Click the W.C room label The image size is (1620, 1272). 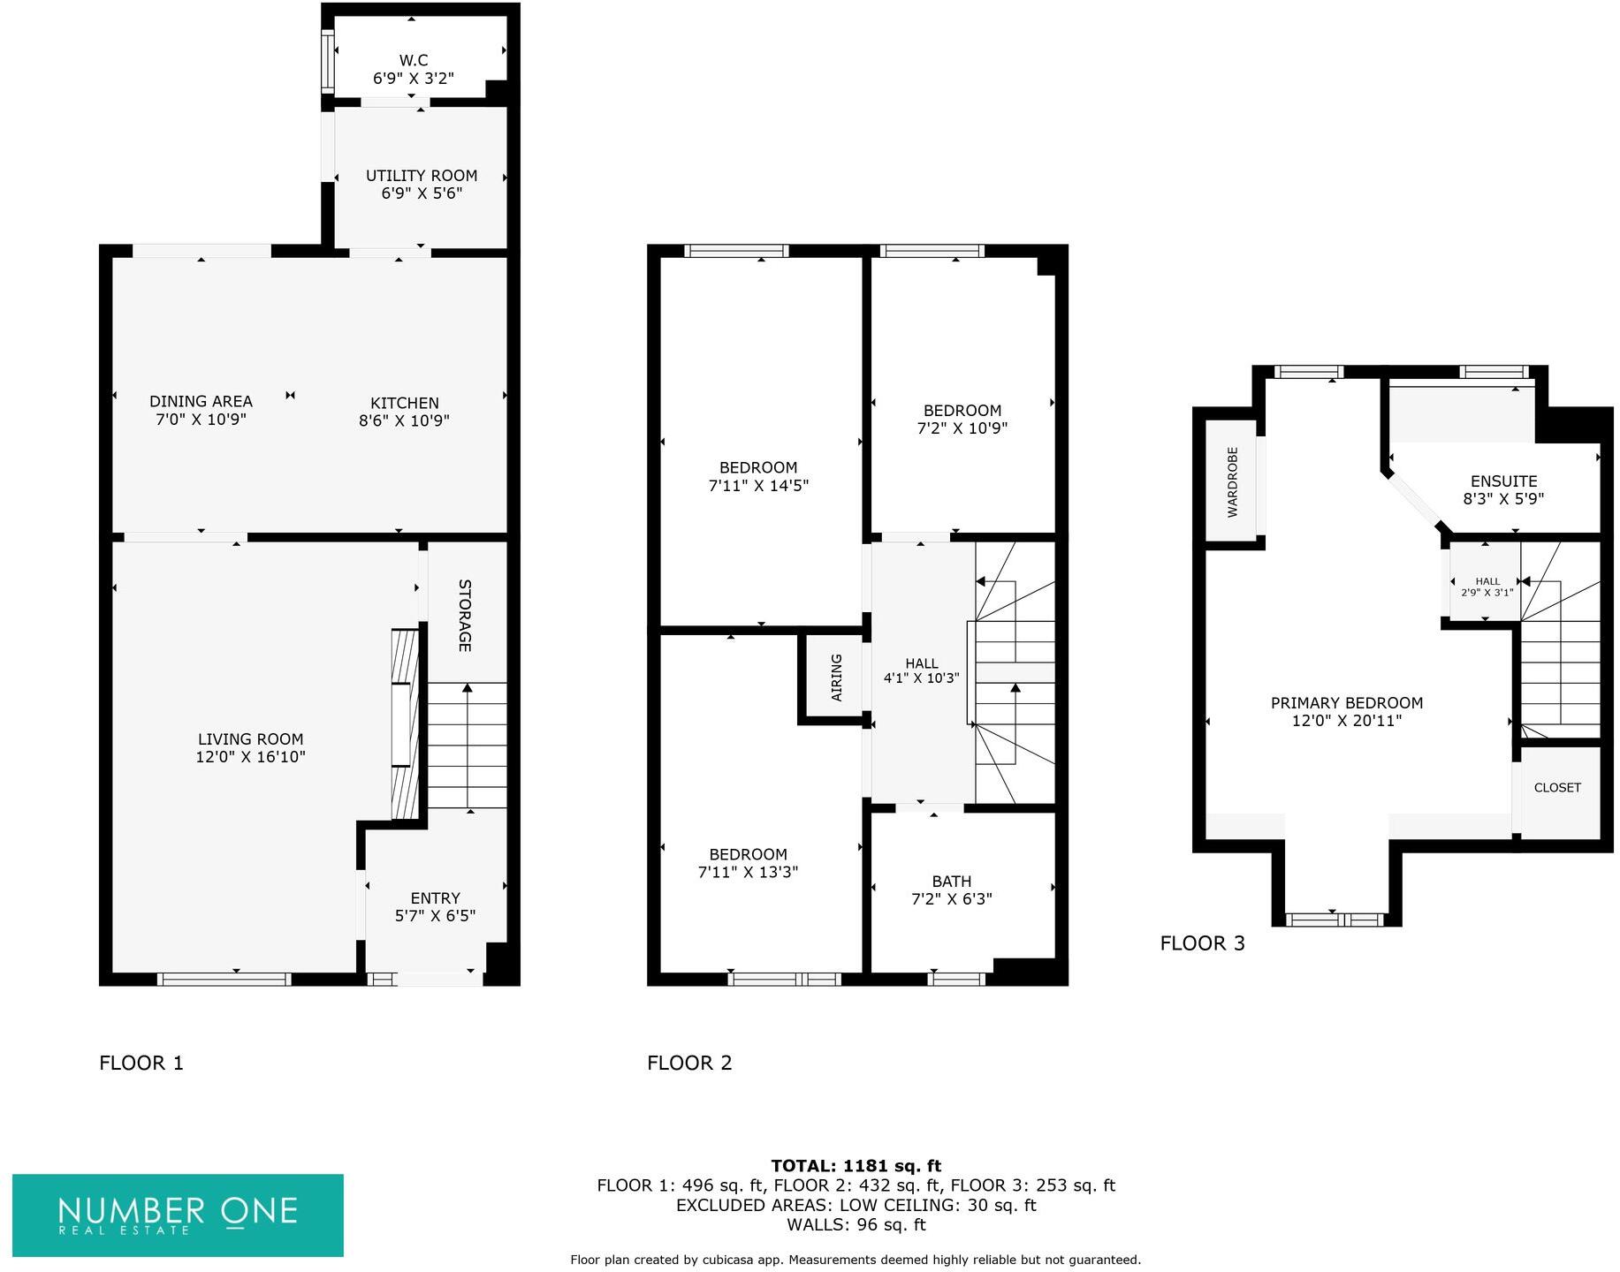(x=413, y=60)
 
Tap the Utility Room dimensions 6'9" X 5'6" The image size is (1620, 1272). (x=422, y=193)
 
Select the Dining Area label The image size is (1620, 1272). (x=201, y=401)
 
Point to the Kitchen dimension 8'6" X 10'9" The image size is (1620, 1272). (x=404, y=421)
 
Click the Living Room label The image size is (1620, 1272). (x=250, y=739)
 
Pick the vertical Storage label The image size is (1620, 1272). (x=465, y=615)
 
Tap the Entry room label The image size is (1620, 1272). (x=435, y=898)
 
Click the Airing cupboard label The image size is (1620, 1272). (x=836, y=678)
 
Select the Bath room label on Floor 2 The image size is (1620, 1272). (x=951, y=882)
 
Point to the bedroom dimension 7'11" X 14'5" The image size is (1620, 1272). (x=758, y=486)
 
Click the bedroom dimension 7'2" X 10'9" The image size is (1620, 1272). (x=962, y=428)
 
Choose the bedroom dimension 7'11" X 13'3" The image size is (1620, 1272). (x=748, y=873)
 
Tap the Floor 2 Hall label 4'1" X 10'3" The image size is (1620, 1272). (x=921, y=671)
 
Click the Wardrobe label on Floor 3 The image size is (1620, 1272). (x=1232, y=482)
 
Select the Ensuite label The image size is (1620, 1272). (x=1503, y=481)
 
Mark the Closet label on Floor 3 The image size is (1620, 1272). (x=1557, y=788)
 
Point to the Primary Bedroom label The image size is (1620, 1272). (x=1346, y=703)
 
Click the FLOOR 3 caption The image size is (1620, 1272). (x=1202, y=943)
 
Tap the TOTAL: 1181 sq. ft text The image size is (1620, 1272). (x=856, y=1166)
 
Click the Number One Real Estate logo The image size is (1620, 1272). (x=178, y=1215)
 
